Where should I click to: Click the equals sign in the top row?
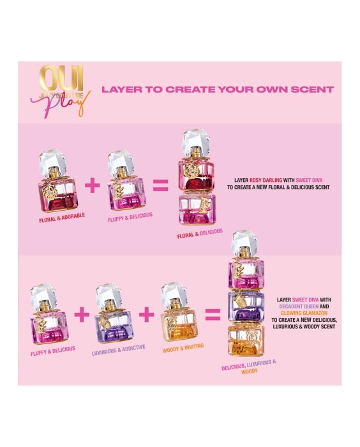160,186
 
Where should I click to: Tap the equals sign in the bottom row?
212,314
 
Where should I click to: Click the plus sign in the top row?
93,185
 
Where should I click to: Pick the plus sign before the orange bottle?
147,314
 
